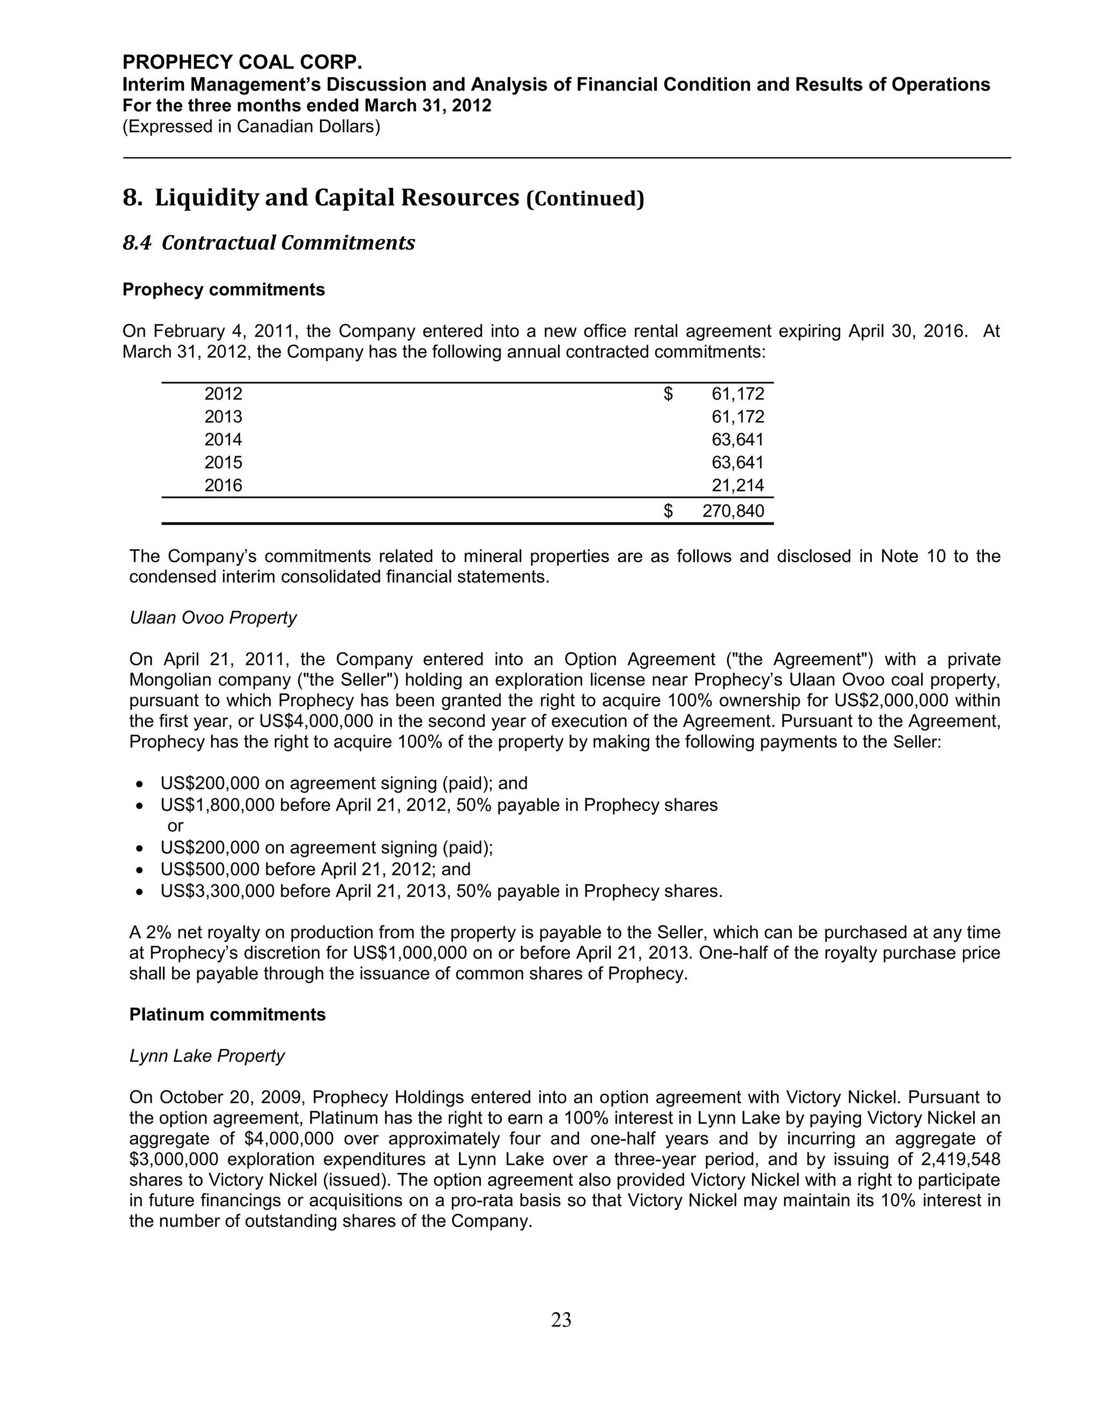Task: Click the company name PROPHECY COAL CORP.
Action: point(242,62)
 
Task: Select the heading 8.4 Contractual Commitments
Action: point(269,243)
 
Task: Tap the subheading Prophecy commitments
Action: point(223,290)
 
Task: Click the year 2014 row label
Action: point(223,440)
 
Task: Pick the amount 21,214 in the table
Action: point(738,485)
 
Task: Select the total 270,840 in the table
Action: point(733,511)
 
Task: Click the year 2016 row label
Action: point(223,485)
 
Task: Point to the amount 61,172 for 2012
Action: point(738,394)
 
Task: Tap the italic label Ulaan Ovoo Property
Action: point(213,618)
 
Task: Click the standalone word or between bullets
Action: point(175,826)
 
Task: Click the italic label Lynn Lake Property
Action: point(207,1056)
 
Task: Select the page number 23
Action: point(561,1320)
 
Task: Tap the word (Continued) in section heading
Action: point(584,199)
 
